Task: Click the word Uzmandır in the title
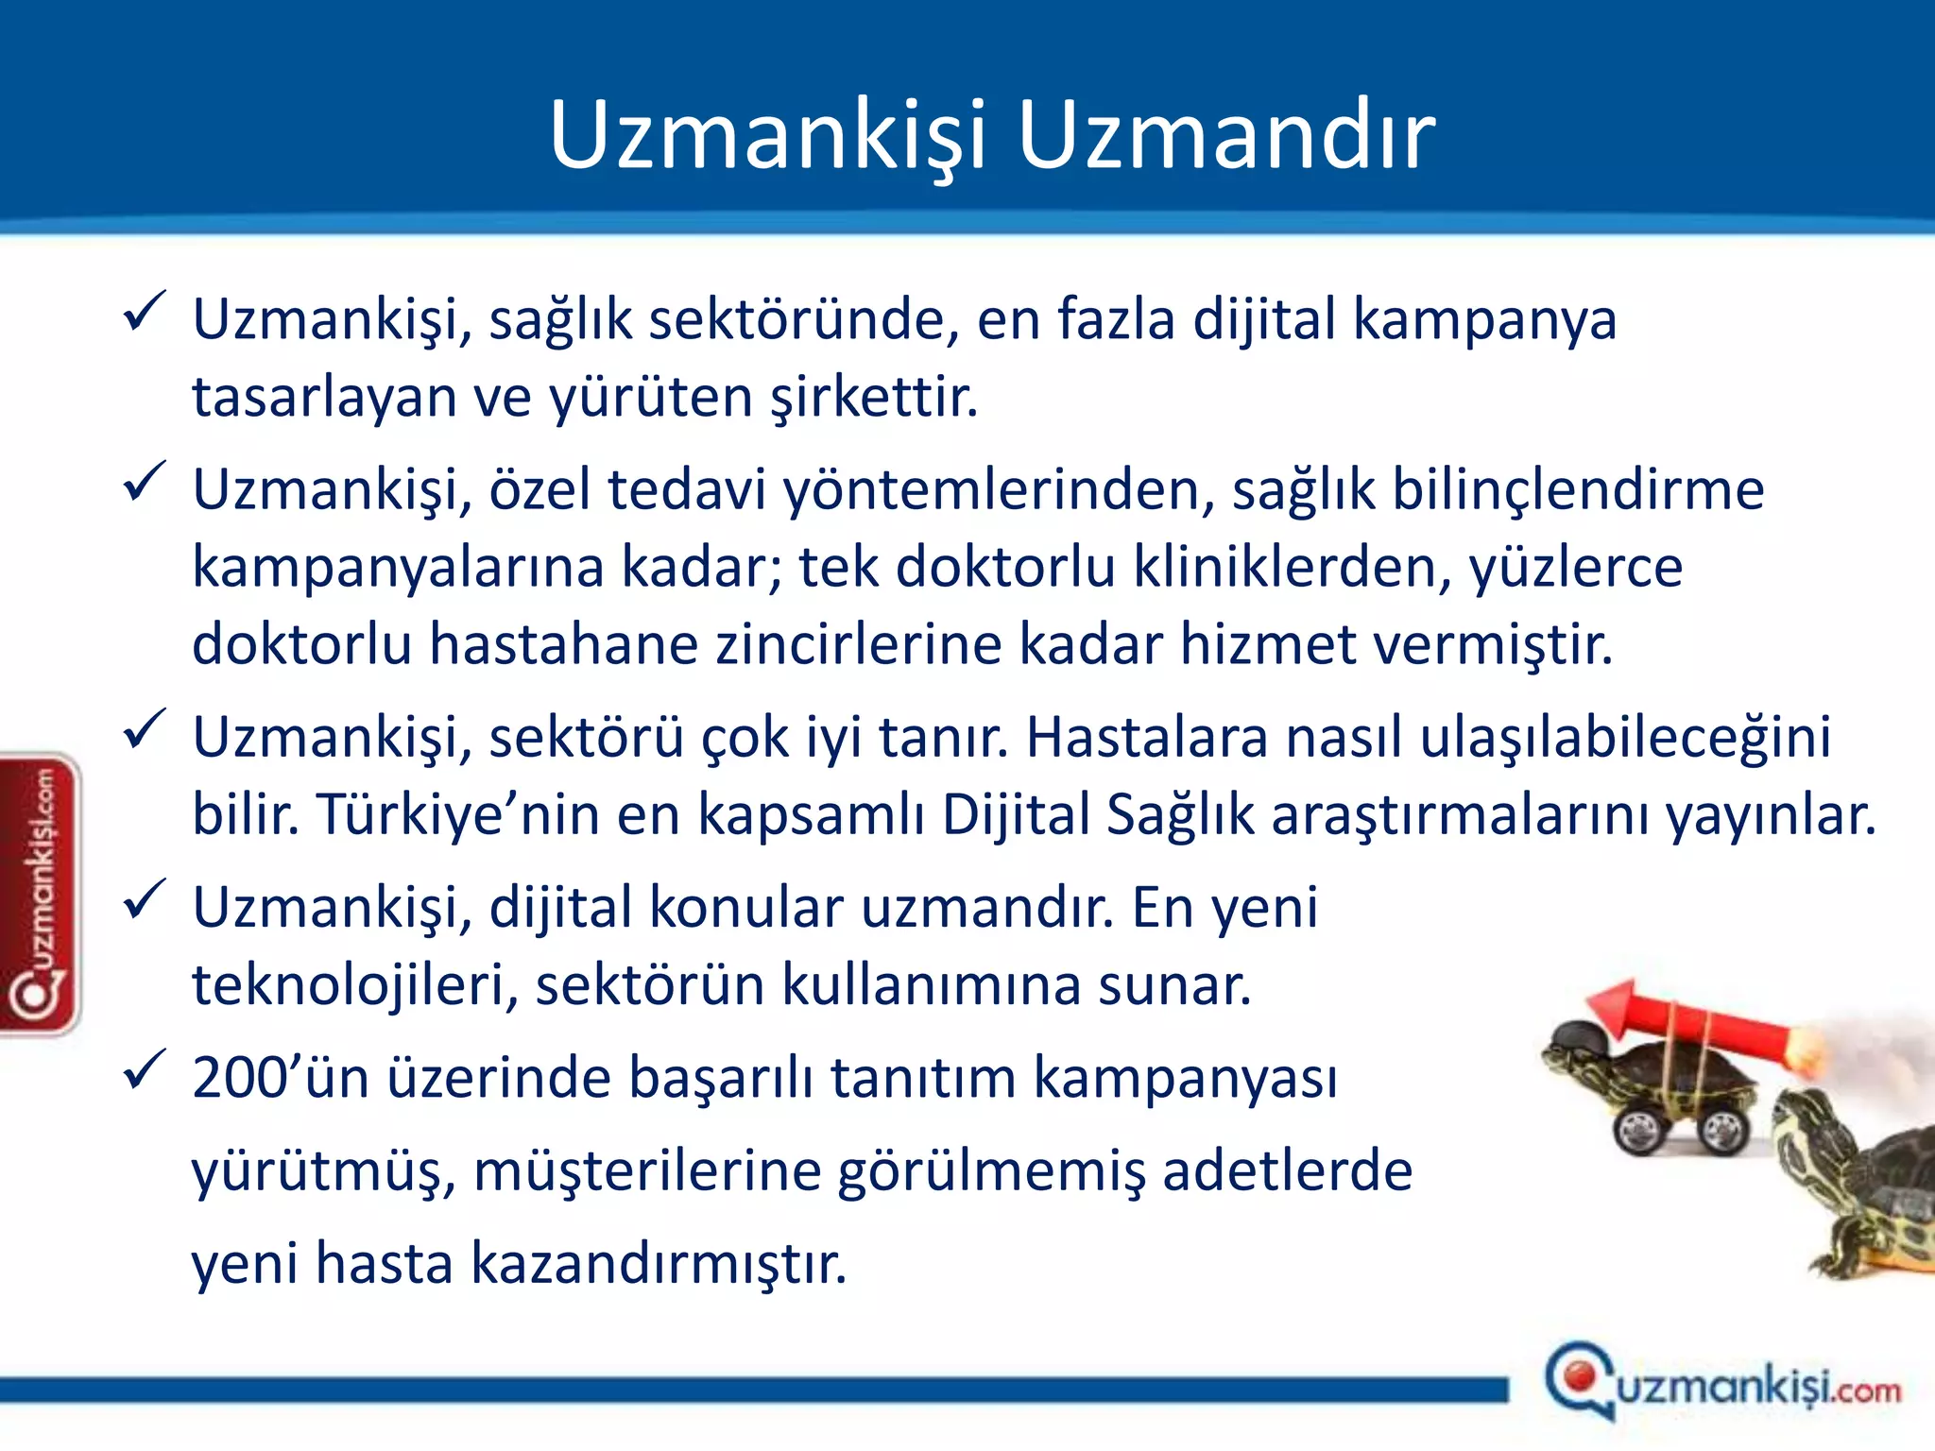(1225, 135)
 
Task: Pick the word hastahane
(564, 644)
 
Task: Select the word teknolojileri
(354, 985)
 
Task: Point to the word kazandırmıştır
(659, 1264)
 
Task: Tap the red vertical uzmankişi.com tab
(41, 893)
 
